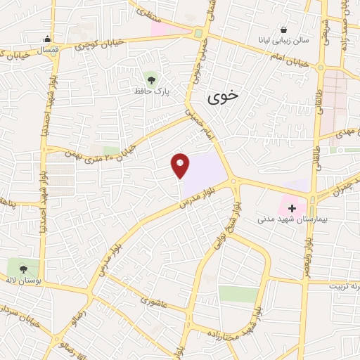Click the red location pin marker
click(181, 165)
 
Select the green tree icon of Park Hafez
click(150, 77)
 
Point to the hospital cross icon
click(292, 209)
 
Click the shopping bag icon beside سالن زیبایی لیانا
click(283, 30)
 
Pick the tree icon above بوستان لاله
click(23, 268)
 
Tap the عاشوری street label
click(153, 301)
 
